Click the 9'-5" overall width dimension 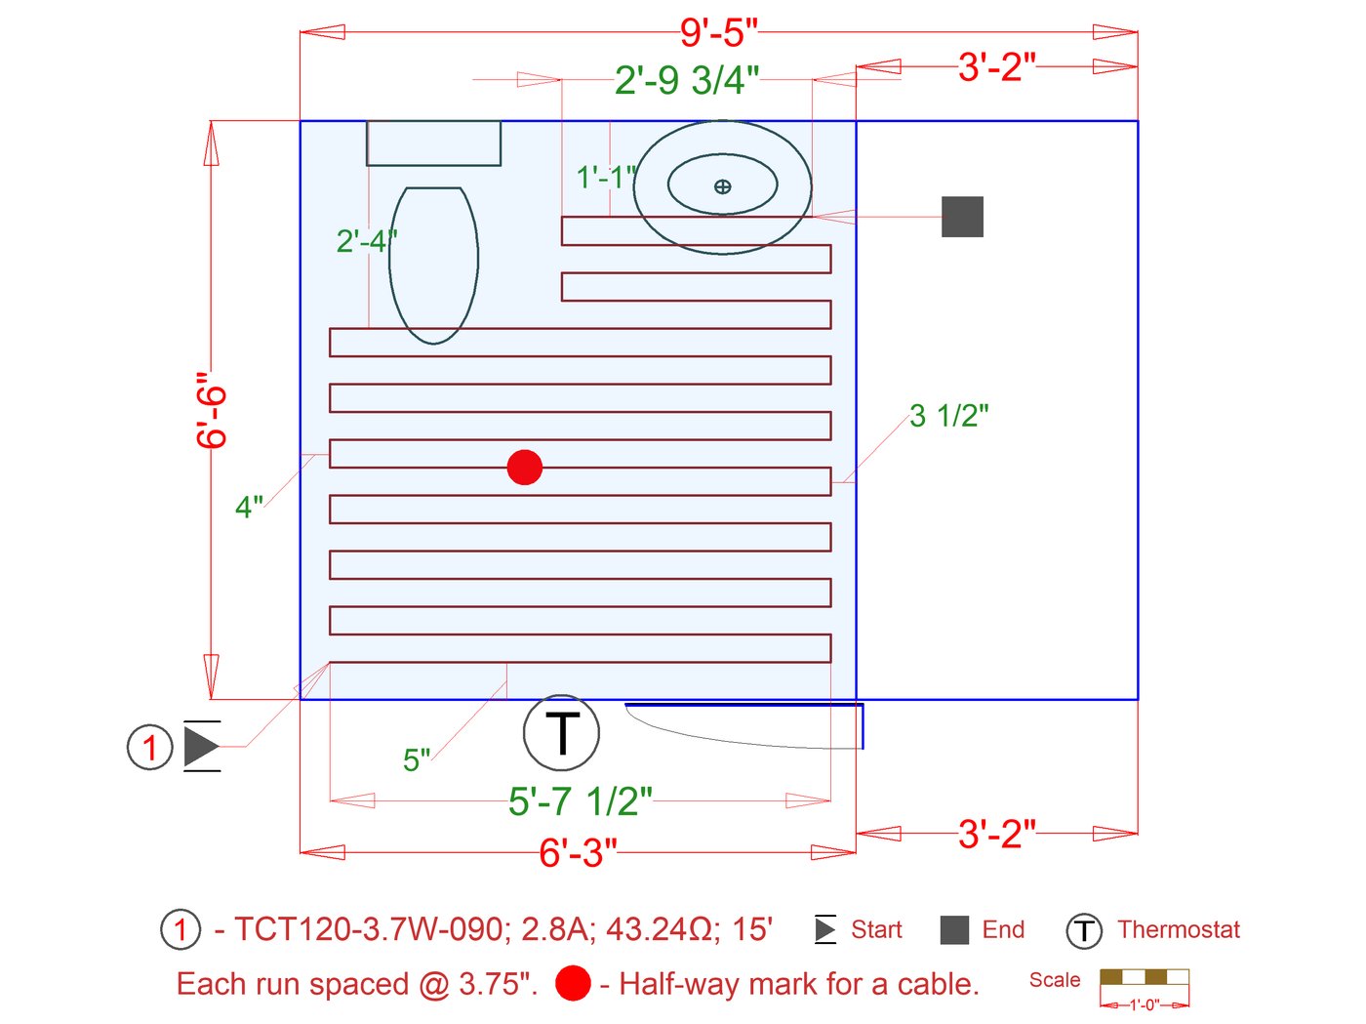(x=718, y=33)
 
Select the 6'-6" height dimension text (x=211, y=410)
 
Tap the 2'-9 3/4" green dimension (x=686, y=80)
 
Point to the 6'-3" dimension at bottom (x=578, y=853)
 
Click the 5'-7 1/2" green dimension (x=581, y=801)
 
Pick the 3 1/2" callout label (x=949, y=416)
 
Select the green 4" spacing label (x=249, y=508)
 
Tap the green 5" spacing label (x=417, y=759)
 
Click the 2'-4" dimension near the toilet (x=366, y=241)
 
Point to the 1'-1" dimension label (x=605, y=178)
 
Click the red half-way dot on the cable (x=525, y=468)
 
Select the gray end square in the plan (x=962, y=217)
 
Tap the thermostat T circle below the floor (x=561, y=733)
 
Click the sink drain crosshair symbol (x=722, y=186)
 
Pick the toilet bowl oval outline (x=433, y=266)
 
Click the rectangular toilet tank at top (x=433, y=143)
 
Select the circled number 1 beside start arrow (x=149, y=748)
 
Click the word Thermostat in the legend (x=1179, y=929)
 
